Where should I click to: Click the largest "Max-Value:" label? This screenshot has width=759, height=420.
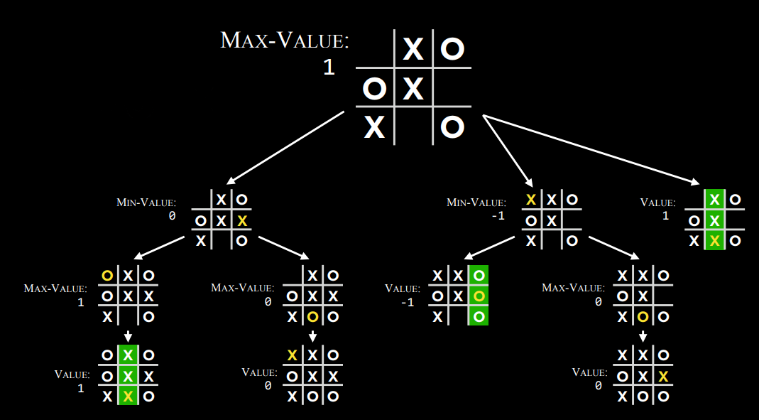(285, 41)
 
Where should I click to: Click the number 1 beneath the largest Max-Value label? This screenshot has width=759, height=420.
(329, 68)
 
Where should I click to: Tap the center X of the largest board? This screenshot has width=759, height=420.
(413, 89)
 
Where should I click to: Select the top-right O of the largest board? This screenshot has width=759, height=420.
(452, 49)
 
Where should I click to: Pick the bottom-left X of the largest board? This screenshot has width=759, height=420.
(375, 128)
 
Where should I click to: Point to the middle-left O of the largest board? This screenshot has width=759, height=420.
(374, 89)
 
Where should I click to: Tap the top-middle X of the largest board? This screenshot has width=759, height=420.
(413, 49)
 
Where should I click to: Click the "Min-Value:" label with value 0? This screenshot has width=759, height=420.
(146, 202)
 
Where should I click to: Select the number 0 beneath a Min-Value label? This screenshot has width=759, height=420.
(173, 215)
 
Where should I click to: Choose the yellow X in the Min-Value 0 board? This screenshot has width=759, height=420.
(243, 221)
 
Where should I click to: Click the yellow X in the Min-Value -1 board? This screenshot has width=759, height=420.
(531, 200)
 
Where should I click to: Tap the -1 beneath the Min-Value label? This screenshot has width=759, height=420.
(498, 215)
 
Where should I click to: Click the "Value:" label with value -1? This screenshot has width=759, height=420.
(403, 289)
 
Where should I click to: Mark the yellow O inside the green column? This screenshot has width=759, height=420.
(479, 296)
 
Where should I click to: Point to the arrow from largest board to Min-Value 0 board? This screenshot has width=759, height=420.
(285, 148)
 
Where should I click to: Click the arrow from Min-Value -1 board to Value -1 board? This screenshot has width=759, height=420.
(489, 247)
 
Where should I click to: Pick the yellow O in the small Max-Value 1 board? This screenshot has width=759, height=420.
(107, 276)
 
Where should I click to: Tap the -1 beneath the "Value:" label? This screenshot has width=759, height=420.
(408, 303)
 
